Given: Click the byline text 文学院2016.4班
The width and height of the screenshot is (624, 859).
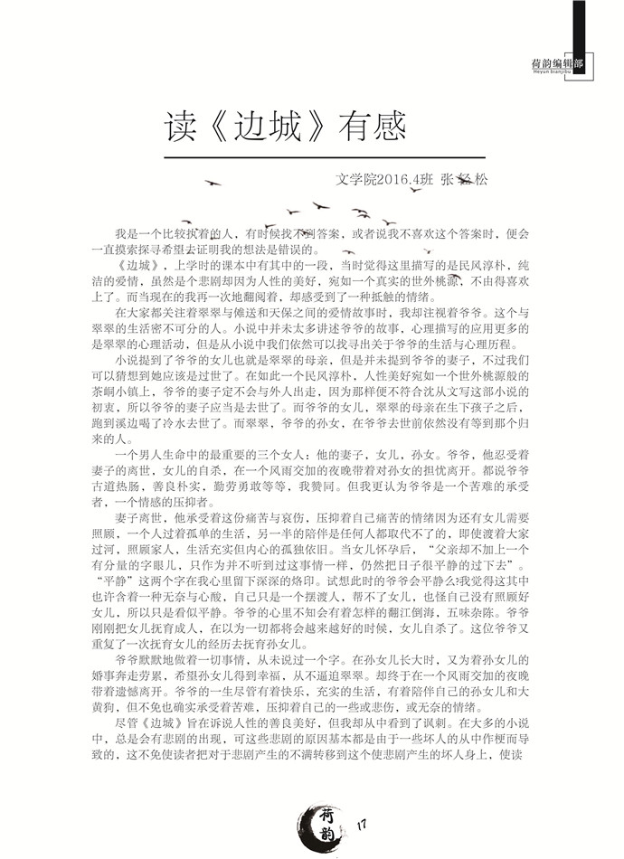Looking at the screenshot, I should [x=381, y=180].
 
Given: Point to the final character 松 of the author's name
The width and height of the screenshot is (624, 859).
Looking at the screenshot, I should [x=478, y=180].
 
